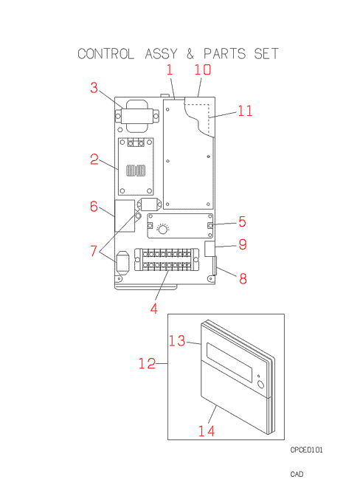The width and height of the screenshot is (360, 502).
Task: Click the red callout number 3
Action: [94, 87]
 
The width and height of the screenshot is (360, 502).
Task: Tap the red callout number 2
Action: [94, 159]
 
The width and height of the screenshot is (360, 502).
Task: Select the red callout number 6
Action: [94, 207]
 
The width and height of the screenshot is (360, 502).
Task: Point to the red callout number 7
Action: [94, 251]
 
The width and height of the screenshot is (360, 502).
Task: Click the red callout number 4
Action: [154, 309]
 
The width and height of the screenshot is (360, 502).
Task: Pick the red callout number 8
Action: [243, 278]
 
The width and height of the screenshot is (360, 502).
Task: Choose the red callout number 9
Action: [243, 244]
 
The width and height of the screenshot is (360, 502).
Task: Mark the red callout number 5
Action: [242, 221]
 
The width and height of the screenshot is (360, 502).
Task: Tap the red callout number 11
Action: [245, 111]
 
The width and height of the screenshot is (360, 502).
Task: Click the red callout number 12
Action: [148, 363]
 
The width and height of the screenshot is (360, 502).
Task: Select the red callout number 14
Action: [207, 431]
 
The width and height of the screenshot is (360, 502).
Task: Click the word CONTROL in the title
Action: [106, 54]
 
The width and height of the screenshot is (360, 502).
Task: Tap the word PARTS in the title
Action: [225, 54]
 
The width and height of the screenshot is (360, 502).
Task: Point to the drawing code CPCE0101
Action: [307, 450]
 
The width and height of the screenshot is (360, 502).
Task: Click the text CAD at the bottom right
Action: [297, 474]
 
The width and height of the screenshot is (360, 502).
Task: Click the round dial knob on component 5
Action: [162, 230]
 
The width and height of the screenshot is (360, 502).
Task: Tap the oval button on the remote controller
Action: [261, 385]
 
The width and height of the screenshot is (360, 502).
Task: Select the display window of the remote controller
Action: [229, 362]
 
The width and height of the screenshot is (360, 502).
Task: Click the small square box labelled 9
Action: [210, 249]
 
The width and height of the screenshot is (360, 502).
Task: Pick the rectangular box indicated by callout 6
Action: [125, 216]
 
